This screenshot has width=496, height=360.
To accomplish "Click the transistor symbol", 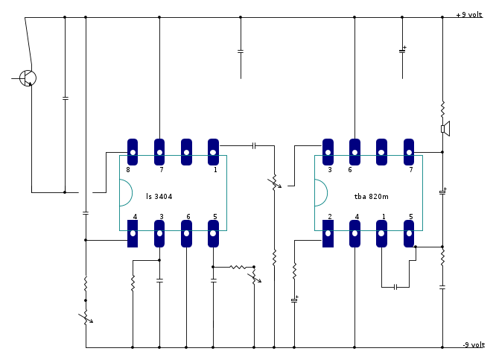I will click(x=28, y=78).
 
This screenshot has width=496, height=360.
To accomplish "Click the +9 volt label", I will click(x=469, y=14).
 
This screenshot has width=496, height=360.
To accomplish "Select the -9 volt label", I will click(x=473, y=344).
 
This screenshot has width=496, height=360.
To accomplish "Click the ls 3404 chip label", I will click(x=159, y=197).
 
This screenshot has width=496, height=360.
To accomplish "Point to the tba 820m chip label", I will click(x=372, y=197).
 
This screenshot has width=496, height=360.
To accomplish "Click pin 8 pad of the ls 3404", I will click(x=133, y=152).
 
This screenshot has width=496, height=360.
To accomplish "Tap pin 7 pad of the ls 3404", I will click(x=159, y=152).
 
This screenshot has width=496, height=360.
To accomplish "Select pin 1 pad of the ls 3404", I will click(x=213, y=152).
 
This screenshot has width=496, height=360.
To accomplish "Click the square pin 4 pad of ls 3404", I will click(x=133, y=234).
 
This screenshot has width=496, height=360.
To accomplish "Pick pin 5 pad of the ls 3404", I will click(x=213, y=234).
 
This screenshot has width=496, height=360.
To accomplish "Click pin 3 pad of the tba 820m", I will click(x=328, y=152).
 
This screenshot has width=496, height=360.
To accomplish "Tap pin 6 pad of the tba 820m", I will click(x=354, y=152).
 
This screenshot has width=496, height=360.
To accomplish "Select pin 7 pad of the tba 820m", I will click(x=409, y=152).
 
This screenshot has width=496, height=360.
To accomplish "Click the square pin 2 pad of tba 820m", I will click(x=328, y=234).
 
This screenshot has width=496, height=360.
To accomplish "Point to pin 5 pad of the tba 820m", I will click(x=409, y=234).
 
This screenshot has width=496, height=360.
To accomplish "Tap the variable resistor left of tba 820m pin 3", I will click(x=274, y=182).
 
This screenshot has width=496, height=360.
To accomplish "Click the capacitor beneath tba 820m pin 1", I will click(x=395, y=286).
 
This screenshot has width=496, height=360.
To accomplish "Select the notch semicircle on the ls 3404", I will click(x=125, y=193).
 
